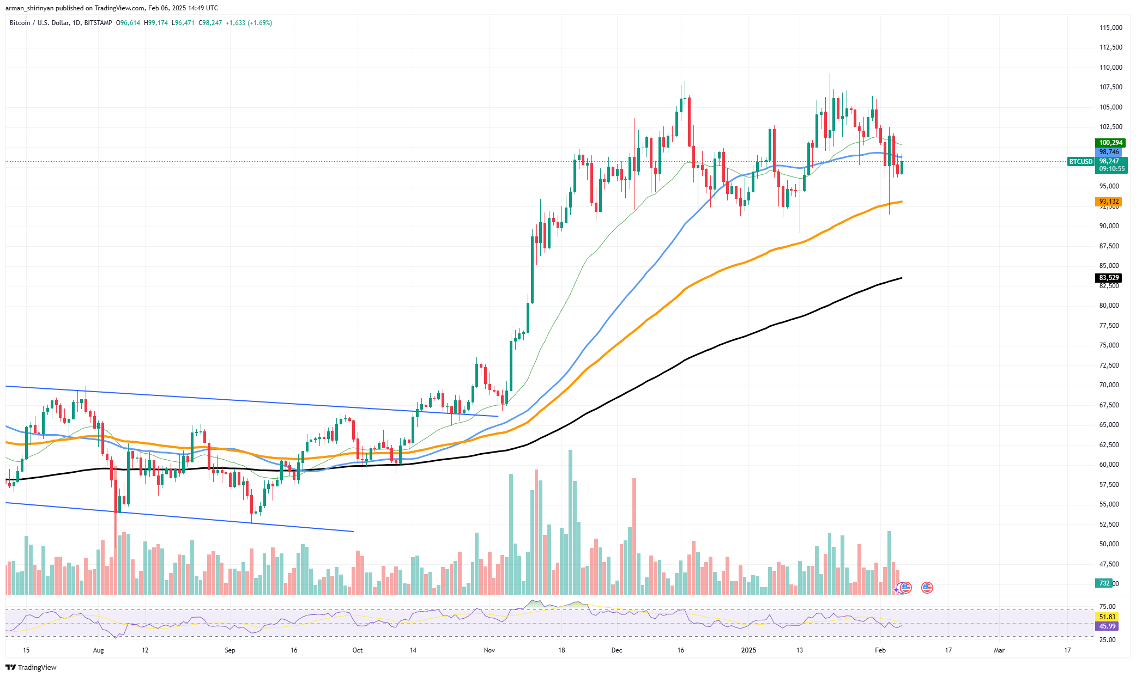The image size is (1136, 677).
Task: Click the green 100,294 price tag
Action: (x=1110, y=143)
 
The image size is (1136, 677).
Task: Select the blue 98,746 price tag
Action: (x=1109, y=152)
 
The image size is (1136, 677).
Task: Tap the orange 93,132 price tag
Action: (x=1109, y=202)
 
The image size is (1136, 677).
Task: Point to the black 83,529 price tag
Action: (x=1109, y=278)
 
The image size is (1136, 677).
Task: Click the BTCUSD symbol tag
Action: (x=1080, y=162)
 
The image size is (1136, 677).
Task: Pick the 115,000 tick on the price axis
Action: (x=1110, y=28)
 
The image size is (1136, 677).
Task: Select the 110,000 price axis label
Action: (x=1110, y=68)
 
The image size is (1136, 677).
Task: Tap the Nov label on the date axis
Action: (x=489, y=650)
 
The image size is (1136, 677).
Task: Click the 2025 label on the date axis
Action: (x=748, y=650)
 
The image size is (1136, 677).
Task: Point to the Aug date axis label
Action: (x=98, y=650)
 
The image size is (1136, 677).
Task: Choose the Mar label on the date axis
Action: (x=999, y=650)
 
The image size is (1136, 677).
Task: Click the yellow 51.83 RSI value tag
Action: (x=1107, y=617)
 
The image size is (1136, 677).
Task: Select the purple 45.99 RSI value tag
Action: (x=1107, y=626)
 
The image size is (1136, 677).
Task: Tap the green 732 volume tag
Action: (x=1104, y=583)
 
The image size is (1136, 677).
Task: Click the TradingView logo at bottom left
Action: (x=31, y=668)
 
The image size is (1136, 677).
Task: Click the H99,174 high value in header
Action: (x=156, y=23)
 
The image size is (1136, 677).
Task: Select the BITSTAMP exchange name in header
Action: (x=98, y=23)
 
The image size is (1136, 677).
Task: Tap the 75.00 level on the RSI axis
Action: (x=1107, y=606)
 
